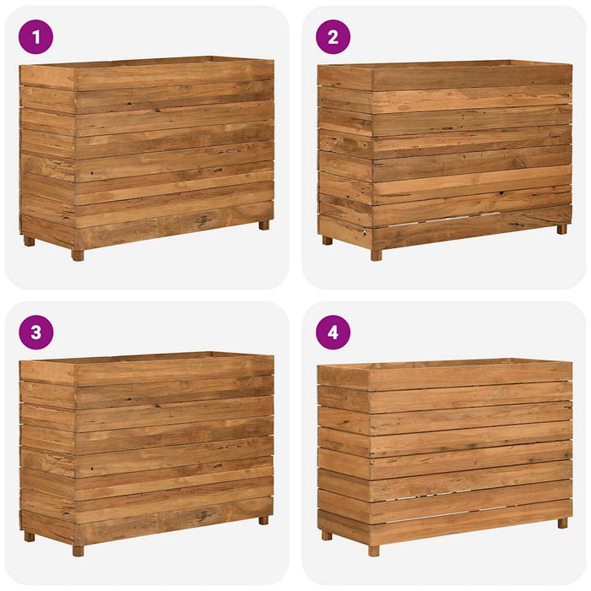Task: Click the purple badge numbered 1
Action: coord(35,37)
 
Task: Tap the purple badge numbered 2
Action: coord(333,37)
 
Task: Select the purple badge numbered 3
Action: coord(35,332)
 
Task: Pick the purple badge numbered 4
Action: coord(333,332)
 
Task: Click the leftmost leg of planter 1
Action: coord(30,241)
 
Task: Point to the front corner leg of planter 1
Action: coord(78,254)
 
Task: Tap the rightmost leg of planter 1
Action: coord(263,225)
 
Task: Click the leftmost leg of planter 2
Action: coord(327,240)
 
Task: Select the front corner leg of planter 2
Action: coord(376,254)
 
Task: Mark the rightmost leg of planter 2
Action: coord(561,229)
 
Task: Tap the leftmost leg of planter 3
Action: coord(30,536)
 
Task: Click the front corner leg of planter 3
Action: coord(78,550)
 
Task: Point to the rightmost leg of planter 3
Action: coord(263,520)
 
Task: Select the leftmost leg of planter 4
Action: coord(327,534)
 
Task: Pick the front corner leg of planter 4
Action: coord(374,550)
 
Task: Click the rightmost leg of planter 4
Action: coord(562,523)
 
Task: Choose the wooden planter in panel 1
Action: coord(147,152)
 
